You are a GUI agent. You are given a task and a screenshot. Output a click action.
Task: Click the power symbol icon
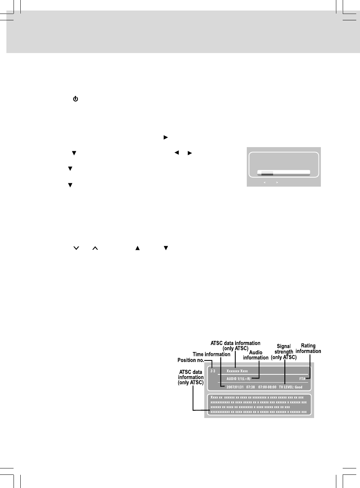(76, 99)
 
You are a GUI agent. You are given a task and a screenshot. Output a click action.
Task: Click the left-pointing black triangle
(176, 153)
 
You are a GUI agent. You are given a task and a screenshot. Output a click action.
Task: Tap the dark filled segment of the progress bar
(267, 173)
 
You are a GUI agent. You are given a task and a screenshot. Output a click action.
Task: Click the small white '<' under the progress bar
(265, 182)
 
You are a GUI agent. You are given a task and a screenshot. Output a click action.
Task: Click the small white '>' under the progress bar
(277, 182)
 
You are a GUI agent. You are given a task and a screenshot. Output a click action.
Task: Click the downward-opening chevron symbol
(76, 248)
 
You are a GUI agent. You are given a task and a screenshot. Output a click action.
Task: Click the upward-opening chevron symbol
(95, 248)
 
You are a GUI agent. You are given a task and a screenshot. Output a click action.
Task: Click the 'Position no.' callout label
(190, 360)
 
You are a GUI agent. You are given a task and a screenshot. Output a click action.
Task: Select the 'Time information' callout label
(211, 354)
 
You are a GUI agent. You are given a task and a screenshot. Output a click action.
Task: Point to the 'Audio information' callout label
(256, 355)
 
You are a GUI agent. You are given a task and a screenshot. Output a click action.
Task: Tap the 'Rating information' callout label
(308, 348)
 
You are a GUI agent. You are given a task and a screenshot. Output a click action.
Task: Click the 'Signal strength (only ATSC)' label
(284, 352)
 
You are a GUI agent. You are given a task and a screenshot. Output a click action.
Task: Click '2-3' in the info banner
(213, 371)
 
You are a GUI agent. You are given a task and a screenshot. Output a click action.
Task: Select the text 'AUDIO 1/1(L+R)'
(238, 379)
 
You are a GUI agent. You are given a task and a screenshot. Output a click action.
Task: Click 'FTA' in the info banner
(302, 379)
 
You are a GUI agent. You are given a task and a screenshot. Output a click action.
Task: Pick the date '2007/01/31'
(235, 387)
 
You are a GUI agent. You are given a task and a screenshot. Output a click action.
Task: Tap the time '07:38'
(251, 387)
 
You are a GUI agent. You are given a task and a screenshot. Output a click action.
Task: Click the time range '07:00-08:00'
(267, 387)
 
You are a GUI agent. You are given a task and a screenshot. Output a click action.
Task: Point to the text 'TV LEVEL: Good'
(290, 387)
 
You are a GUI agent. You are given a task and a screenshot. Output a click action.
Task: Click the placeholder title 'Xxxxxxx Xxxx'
(237, 371)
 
